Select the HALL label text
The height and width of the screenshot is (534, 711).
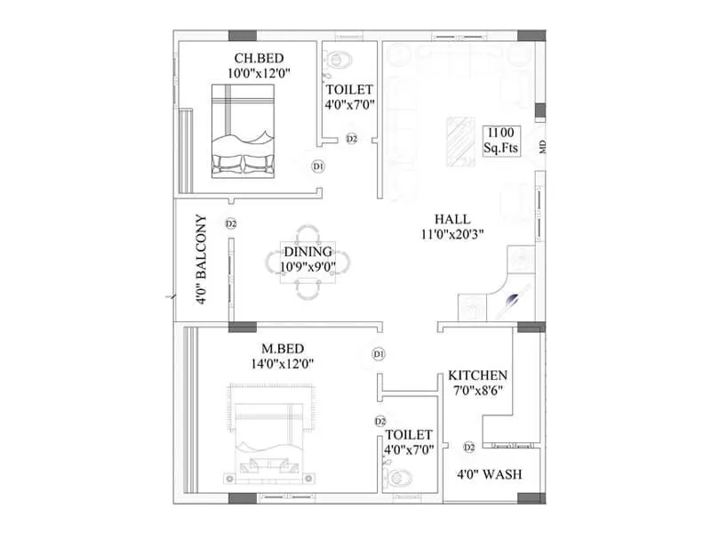click(452, 219)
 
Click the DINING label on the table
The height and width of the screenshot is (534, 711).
click(308, 252)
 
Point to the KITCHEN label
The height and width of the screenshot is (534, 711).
click(477, 376)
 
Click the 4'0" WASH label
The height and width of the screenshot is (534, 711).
click(489, 473)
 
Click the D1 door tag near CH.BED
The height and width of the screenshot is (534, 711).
click(317, 166)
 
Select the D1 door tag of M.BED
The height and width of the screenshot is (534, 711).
click(379, 354)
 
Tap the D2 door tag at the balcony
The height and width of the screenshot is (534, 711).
click(231, 223)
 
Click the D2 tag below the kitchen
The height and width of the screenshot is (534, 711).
click(468, 447)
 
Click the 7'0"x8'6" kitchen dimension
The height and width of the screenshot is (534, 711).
click(477, 391)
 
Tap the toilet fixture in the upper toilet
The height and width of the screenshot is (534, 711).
click(339, 60)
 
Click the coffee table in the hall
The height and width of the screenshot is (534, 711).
click(459, 138)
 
